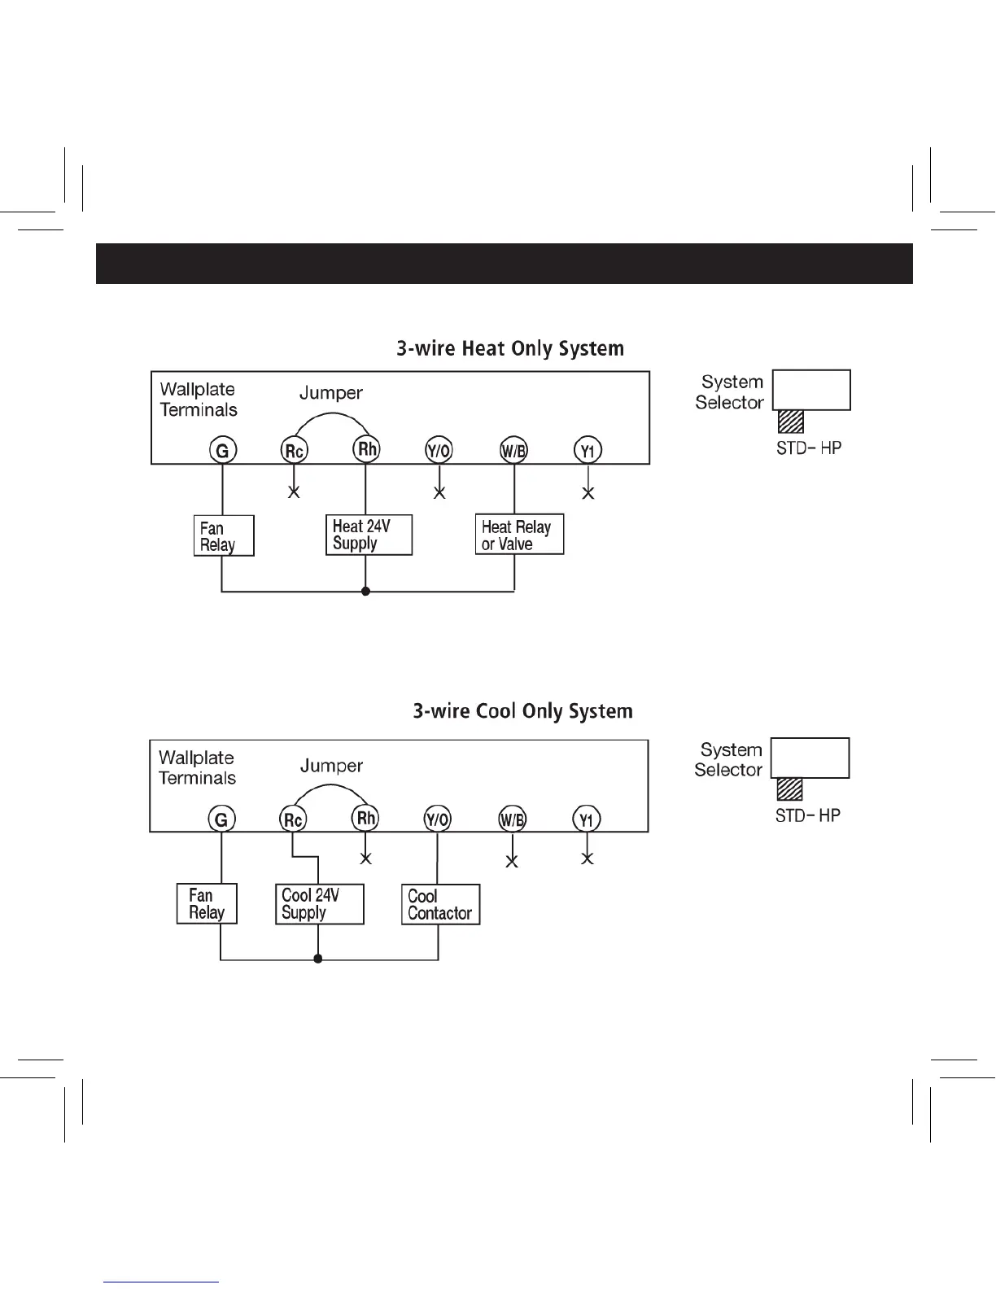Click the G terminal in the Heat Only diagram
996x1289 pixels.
click(222, 450)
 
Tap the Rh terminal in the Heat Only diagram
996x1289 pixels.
click(366, 449)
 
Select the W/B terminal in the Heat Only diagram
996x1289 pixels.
click(513, 450)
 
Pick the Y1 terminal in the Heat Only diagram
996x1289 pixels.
click(588, 450)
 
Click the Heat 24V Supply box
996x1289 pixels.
click(369, 535)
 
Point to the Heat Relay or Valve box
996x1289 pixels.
click(519, 535)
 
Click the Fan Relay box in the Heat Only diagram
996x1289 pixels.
click(224, 535)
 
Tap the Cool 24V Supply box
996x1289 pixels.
click(319, 904)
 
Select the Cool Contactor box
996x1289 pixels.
click(440, 904)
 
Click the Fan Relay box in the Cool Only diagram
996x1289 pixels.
click(207, 903)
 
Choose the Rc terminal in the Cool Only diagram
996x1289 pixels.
click(293, 819)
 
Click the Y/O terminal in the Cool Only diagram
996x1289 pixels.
click(438, 819)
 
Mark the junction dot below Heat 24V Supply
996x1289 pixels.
click(365, 592)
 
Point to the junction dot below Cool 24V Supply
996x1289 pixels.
click(317, 959)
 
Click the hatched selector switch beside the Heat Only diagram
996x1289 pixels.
click(791, 422)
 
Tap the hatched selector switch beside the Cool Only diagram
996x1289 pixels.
click(789, 789)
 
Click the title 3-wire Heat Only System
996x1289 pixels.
click(510, 349)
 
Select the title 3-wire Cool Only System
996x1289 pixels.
click(522, 711)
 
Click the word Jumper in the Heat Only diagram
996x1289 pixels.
click(331, 393)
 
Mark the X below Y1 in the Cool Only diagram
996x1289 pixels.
click(588, 859)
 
